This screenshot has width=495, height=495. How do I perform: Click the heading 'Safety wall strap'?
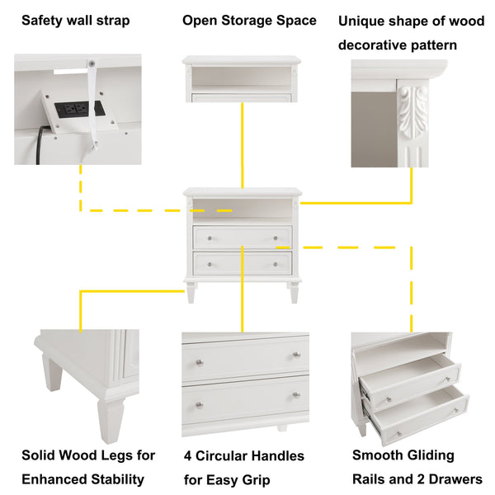pyautogui.click(x=75, y=20)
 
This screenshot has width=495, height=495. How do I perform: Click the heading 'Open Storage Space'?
pyautogui.click(x=249, y=20)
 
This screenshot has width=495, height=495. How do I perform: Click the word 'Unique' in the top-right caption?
pyautogui.click(x=363, y=21)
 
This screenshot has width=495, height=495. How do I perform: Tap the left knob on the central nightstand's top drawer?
pyautogui.click(x=210, y=238)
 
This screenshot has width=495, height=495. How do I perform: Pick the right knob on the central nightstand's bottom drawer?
pyautogui.click(x=276, y=264)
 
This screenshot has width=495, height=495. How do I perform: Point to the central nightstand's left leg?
pyautogui.click(x=192, y=292)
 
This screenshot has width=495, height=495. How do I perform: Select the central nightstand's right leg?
pyautogui.click(x=293, y=292)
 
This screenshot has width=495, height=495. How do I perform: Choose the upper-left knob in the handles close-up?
pyautogui.click(x=199, y=361)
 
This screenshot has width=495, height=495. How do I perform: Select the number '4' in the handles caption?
pyautogui.click(x=189, y=456)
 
